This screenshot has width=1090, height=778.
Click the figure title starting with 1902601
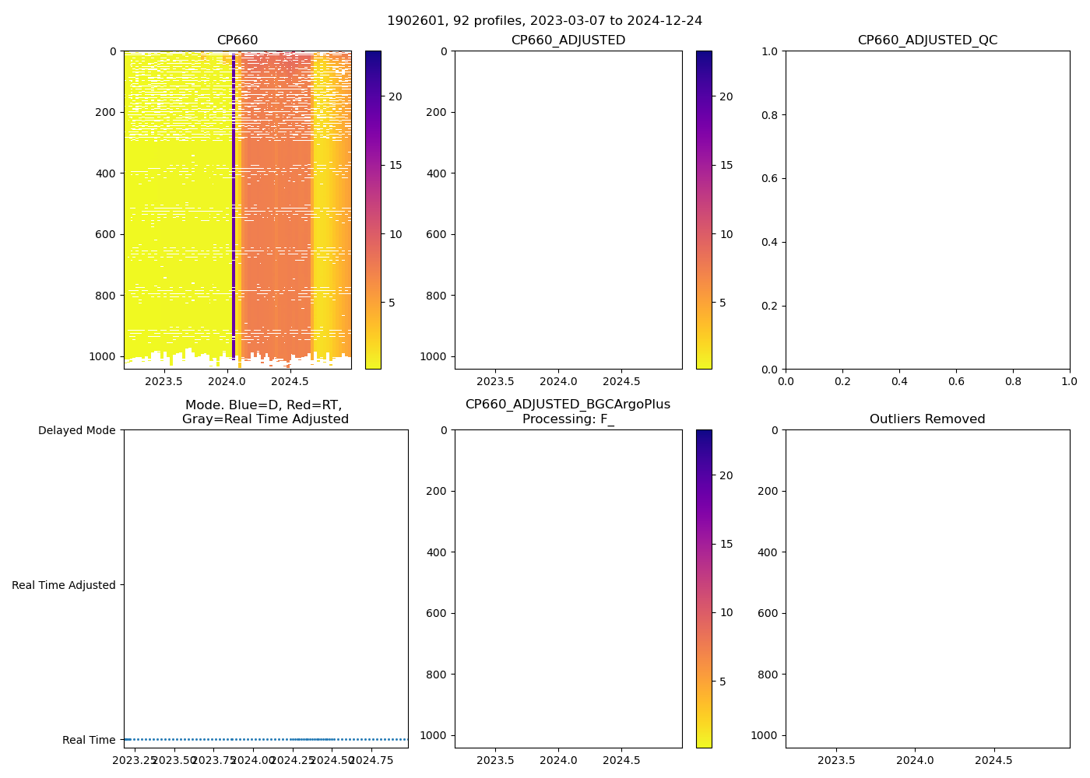click(x=544, y=21)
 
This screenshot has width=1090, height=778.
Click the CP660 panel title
click(x=237, y=40)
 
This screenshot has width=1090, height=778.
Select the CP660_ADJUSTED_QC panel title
click(x=927, y=40)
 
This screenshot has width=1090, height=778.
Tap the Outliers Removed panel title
click(x=927, y=419)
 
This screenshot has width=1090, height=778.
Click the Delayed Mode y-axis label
click(x=76, y=430)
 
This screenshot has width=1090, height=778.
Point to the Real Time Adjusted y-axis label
click(x=64, y=585)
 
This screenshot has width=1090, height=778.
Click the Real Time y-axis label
click(x=89, y=740)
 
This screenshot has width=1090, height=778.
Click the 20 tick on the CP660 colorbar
click(x=396, y=96)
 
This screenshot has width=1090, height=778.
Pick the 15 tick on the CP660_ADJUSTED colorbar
click(x=726, y=165)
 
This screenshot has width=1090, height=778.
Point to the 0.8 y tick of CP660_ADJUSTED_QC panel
click(x=769, y=115)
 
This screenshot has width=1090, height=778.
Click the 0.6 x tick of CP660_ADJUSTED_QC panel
click(x=956, y=382)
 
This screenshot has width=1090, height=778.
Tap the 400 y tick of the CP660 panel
click(x=107, y=173)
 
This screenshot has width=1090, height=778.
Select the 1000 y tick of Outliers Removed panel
click(x=763, y=735)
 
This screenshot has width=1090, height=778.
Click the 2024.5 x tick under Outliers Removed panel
click(x=993, y=760)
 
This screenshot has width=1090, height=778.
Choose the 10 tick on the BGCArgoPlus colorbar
click(x=726, y=612)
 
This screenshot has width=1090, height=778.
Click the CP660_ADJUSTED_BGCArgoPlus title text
click(x=568, y=405)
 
